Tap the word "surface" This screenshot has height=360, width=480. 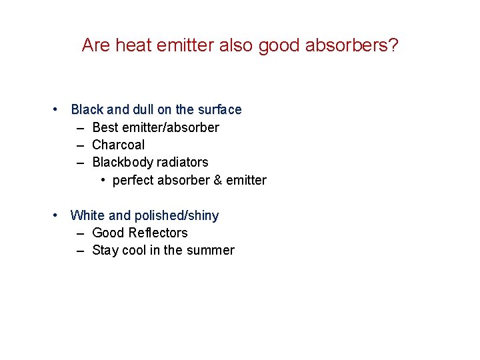(x=219, y=109)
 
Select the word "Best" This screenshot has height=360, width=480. (x=105, y=127)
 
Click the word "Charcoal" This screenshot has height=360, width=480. (x=118, y=145)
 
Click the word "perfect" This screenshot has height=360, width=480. (x=133, y=181)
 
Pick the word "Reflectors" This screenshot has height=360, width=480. (x=157, y=233)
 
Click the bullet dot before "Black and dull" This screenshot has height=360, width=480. (x=58, y=109)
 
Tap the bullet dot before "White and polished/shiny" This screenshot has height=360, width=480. (x=58, y=215)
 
